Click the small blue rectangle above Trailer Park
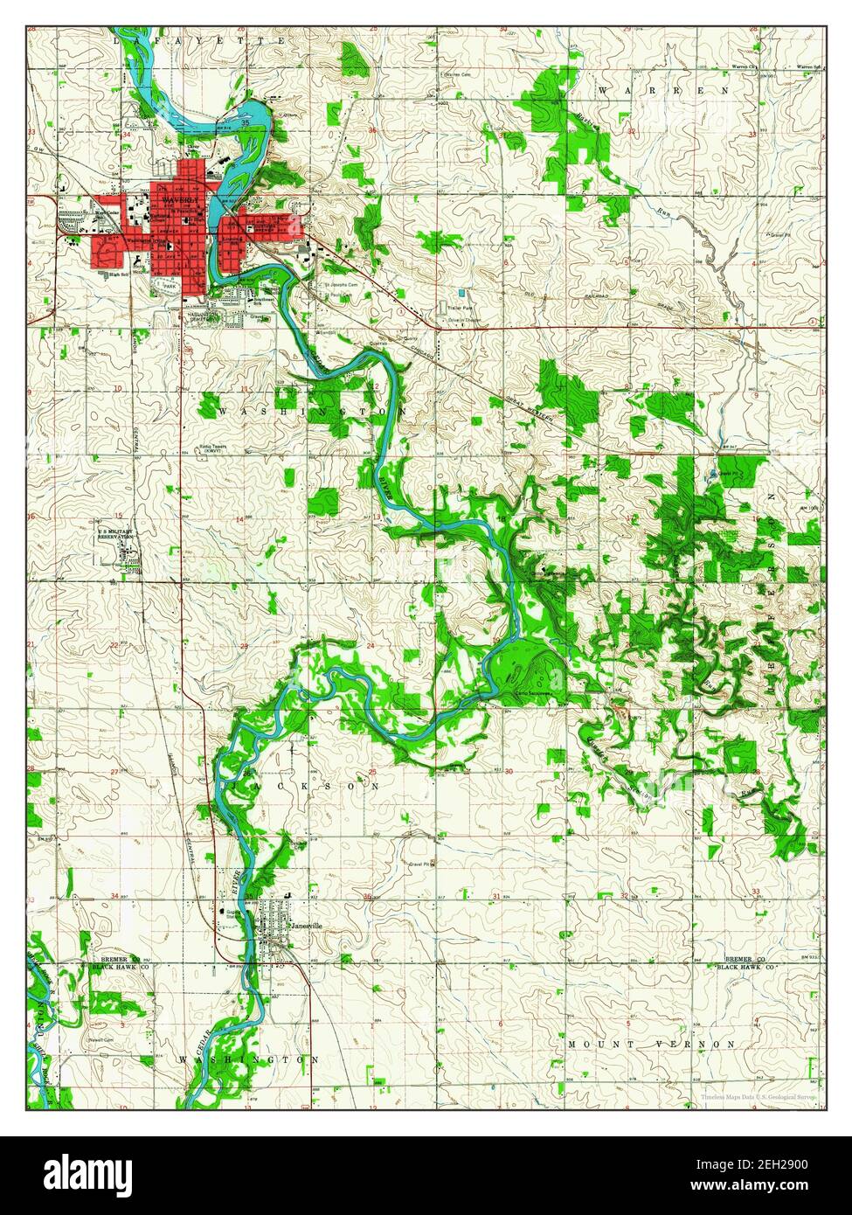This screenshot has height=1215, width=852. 461,292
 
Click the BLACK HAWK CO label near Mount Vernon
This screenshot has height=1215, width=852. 745,969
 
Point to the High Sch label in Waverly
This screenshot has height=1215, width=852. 120,274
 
